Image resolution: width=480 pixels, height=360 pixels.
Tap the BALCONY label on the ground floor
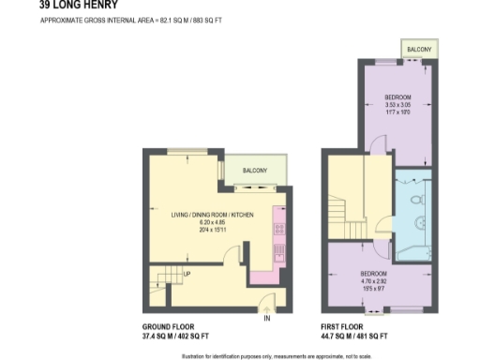pos(255,171)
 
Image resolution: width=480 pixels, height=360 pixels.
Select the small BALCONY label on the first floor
pos(418,49)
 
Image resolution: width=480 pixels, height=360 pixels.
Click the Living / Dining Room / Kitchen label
pos(212,215)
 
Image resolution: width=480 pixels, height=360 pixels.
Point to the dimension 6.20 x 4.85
pos(213,222)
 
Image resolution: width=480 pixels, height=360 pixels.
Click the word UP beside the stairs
pos(187,275)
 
